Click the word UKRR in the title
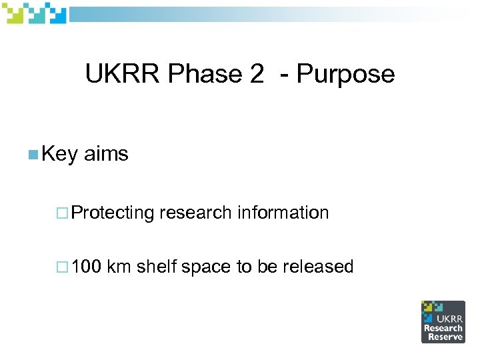(123, 74)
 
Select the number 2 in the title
(257, 74)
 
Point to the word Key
(60, 155)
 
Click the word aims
(106, 154)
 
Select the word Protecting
(113, 213)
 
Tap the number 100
(86, 267)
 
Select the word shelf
(156, 267)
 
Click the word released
(317, 267)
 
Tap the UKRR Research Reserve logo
(443, 321)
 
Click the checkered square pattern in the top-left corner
(34, 13)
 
